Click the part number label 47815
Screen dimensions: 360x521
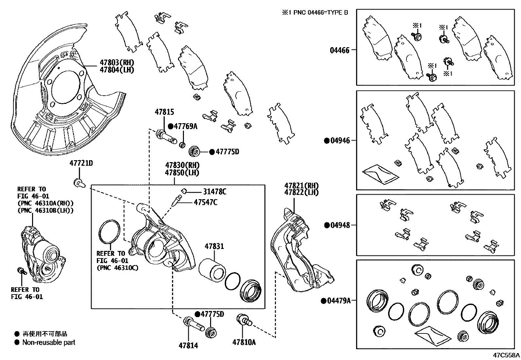click(x=164, y=112)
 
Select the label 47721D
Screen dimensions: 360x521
click(x=81, y=163)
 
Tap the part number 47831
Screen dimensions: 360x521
click(x=214, y=246)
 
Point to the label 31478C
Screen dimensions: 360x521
click(x=214, y=192)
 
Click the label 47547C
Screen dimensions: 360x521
click(x=205, y=202)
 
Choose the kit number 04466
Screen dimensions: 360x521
click(x=339, y=50)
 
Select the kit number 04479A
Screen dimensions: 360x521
click(x=338, y=300)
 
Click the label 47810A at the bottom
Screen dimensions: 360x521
click(x=244, y=342)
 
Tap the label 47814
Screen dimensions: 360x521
click(x=188, y=345)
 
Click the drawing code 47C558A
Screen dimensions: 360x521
click(x=507, y=355)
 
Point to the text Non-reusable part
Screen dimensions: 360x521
click(x=48, y=342)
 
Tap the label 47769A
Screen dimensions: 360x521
click(x=186, y=126)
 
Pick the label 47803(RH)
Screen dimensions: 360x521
click(x=117, y=63)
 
